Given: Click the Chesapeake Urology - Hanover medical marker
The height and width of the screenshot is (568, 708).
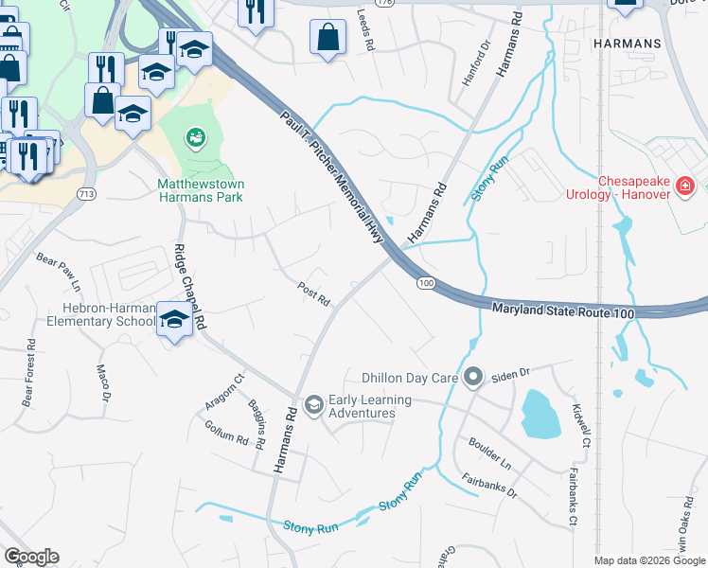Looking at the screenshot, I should coord(685,186).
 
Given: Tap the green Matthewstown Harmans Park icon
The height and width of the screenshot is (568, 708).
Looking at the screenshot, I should coord(196,139).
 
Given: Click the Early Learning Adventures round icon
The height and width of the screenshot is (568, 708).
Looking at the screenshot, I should coord(313,406).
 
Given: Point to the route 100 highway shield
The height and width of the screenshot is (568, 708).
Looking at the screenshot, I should coord(425,283).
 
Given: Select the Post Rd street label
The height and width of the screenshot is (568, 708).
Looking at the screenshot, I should coord(313,293).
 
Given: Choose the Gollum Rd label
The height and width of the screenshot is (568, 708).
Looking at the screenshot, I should coord(225,434).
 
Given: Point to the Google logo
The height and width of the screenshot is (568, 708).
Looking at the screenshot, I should coord(31,557).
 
